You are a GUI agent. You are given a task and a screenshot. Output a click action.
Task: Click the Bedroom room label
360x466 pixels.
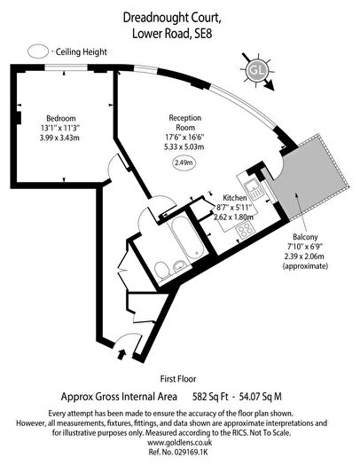(61, 118)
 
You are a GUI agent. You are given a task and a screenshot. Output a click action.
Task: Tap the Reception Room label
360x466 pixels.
(185, 122)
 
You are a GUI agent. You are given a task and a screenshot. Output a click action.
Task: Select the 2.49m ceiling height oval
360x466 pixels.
(184, 162)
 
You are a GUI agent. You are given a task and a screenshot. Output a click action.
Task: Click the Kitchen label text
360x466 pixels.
(234, 198)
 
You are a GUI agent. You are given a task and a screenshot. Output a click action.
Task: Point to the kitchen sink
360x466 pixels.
(254, 189)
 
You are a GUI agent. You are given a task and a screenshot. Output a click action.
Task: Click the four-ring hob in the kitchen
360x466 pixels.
(245, 231)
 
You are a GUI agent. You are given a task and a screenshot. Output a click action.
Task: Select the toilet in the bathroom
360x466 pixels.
(162, 270)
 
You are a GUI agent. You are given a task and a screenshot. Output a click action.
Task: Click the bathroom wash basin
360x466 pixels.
(179, 265)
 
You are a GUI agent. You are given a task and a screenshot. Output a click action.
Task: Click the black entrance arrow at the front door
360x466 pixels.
(121, 354)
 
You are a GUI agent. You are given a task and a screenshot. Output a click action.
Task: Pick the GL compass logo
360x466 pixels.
(257, 71)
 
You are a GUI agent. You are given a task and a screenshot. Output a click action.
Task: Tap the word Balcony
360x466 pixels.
(305, 237)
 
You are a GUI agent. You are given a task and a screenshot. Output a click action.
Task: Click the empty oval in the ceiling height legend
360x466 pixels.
(38, 51)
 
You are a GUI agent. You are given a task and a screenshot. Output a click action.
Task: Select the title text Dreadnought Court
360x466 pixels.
(172, 18)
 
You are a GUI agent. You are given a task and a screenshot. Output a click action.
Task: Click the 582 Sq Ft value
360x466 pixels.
(210, 397)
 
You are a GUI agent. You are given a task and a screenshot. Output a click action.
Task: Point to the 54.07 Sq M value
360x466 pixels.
(261, 397)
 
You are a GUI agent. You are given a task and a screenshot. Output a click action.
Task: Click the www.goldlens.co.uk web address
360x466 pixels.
(180, 442)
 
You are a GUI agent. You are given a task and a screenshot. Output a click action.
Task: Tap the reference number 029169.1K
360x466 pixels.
(192, 452)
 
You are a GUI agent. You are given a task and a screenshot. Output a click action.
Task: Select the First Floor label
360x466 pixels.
(178, 379)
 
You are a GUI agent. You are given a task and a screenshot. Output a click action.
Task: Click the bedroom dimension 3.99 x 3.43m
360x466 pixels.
(59, 138)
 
